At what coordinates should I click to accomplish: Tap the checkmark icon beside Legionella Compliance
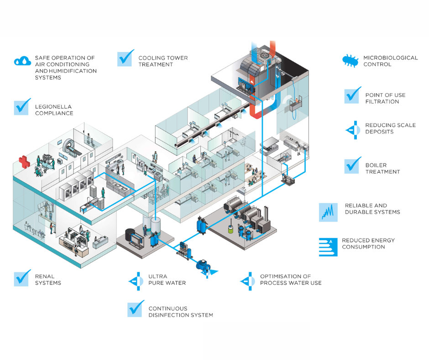click(22, 106)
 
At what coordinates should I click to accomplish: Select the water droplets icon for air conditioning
click(22, 61)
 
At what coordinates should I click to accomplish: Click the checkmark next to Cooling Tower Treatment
click(126, 58)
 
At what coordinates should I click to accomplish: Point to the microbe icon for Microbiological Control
click(350, 61)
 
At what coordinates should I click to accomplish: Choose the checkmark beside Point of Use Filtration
click(352, 95)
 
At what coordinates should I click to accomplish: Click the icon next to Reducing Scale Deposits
click(351, 129)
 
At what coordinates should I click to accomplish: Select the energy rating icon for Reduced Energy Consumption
click(328, 246)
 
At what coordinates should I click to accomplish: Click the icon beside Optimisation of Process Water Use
click(247, 280)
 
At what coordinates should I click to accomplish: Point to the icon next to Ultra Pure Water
click(136, 280)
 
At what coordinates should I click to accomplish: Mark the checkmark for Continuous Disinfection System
click(136, 309)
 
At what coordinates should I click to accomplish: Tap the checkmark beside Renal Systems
click(22, 278)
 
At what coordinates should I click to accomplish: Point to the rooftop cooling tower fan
click(264, 54)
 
